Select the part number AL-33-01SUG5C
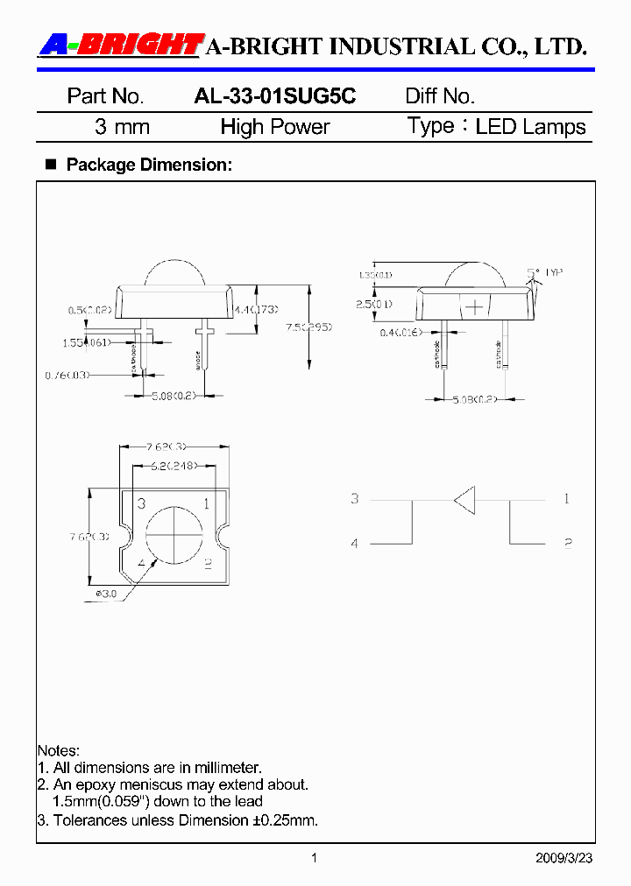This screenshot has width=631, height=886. point(274,96)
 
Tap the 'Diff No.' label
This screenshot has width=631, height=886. point(439,96)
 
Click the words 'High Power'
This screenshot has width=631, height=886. point(274,127)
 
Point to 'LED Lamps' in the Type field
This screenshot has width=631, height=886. point(530,127)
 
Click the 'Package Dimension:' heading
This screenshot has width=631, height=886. point(149,165)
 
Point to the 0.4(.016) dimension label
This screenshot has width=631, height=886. point(401,332)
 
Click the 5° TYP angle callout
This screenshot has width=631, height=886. point(543,274)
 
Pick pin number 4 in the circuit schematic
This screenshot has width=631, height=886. point(355,544)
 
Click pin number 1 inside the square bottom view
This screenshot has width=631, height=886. point(207,503)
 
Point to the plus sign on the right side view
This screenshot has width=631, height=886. point(473,307)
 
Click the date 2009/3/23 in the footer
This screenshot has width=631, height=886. point(564,858)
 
